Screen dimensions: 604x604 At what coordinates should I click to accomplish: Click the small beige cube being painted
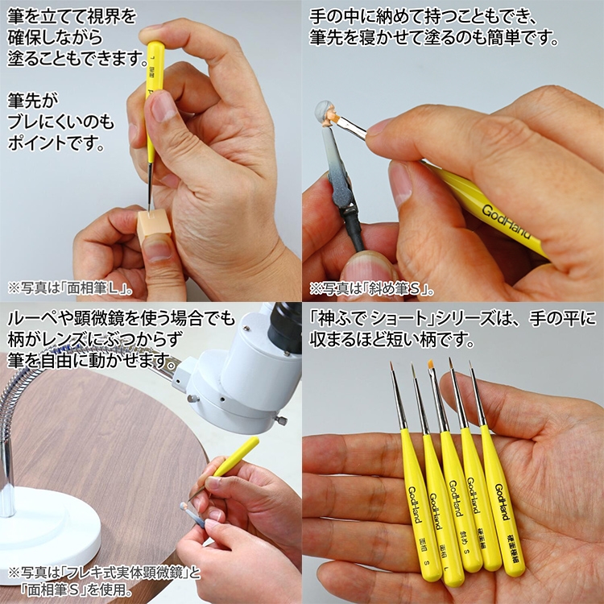click(154, 225)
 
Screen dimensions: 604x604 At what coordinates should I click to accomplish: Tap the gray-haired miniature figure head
click(327, 114)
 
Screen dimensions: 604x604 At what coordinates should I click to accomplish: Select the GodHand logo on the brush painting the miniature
click(507, 222)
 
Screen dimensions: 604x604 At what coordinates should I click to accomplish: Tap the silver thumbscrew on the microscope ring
click(282, 420)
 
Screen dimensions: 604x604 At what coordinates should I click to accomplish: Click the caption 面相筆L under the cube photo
click(97, 289)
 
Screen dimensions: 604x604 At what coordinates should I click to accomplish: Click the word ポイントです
click(56, 143)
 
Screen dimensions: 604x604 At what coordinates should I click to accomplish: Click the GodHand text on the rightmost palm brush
click(502, 502)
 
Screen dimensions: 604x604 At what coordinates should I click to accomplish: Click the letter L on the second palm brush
click(446, 568)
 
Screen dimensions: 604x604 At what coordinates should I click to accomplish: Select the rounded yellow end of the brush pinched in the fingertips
click(155, 47)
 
